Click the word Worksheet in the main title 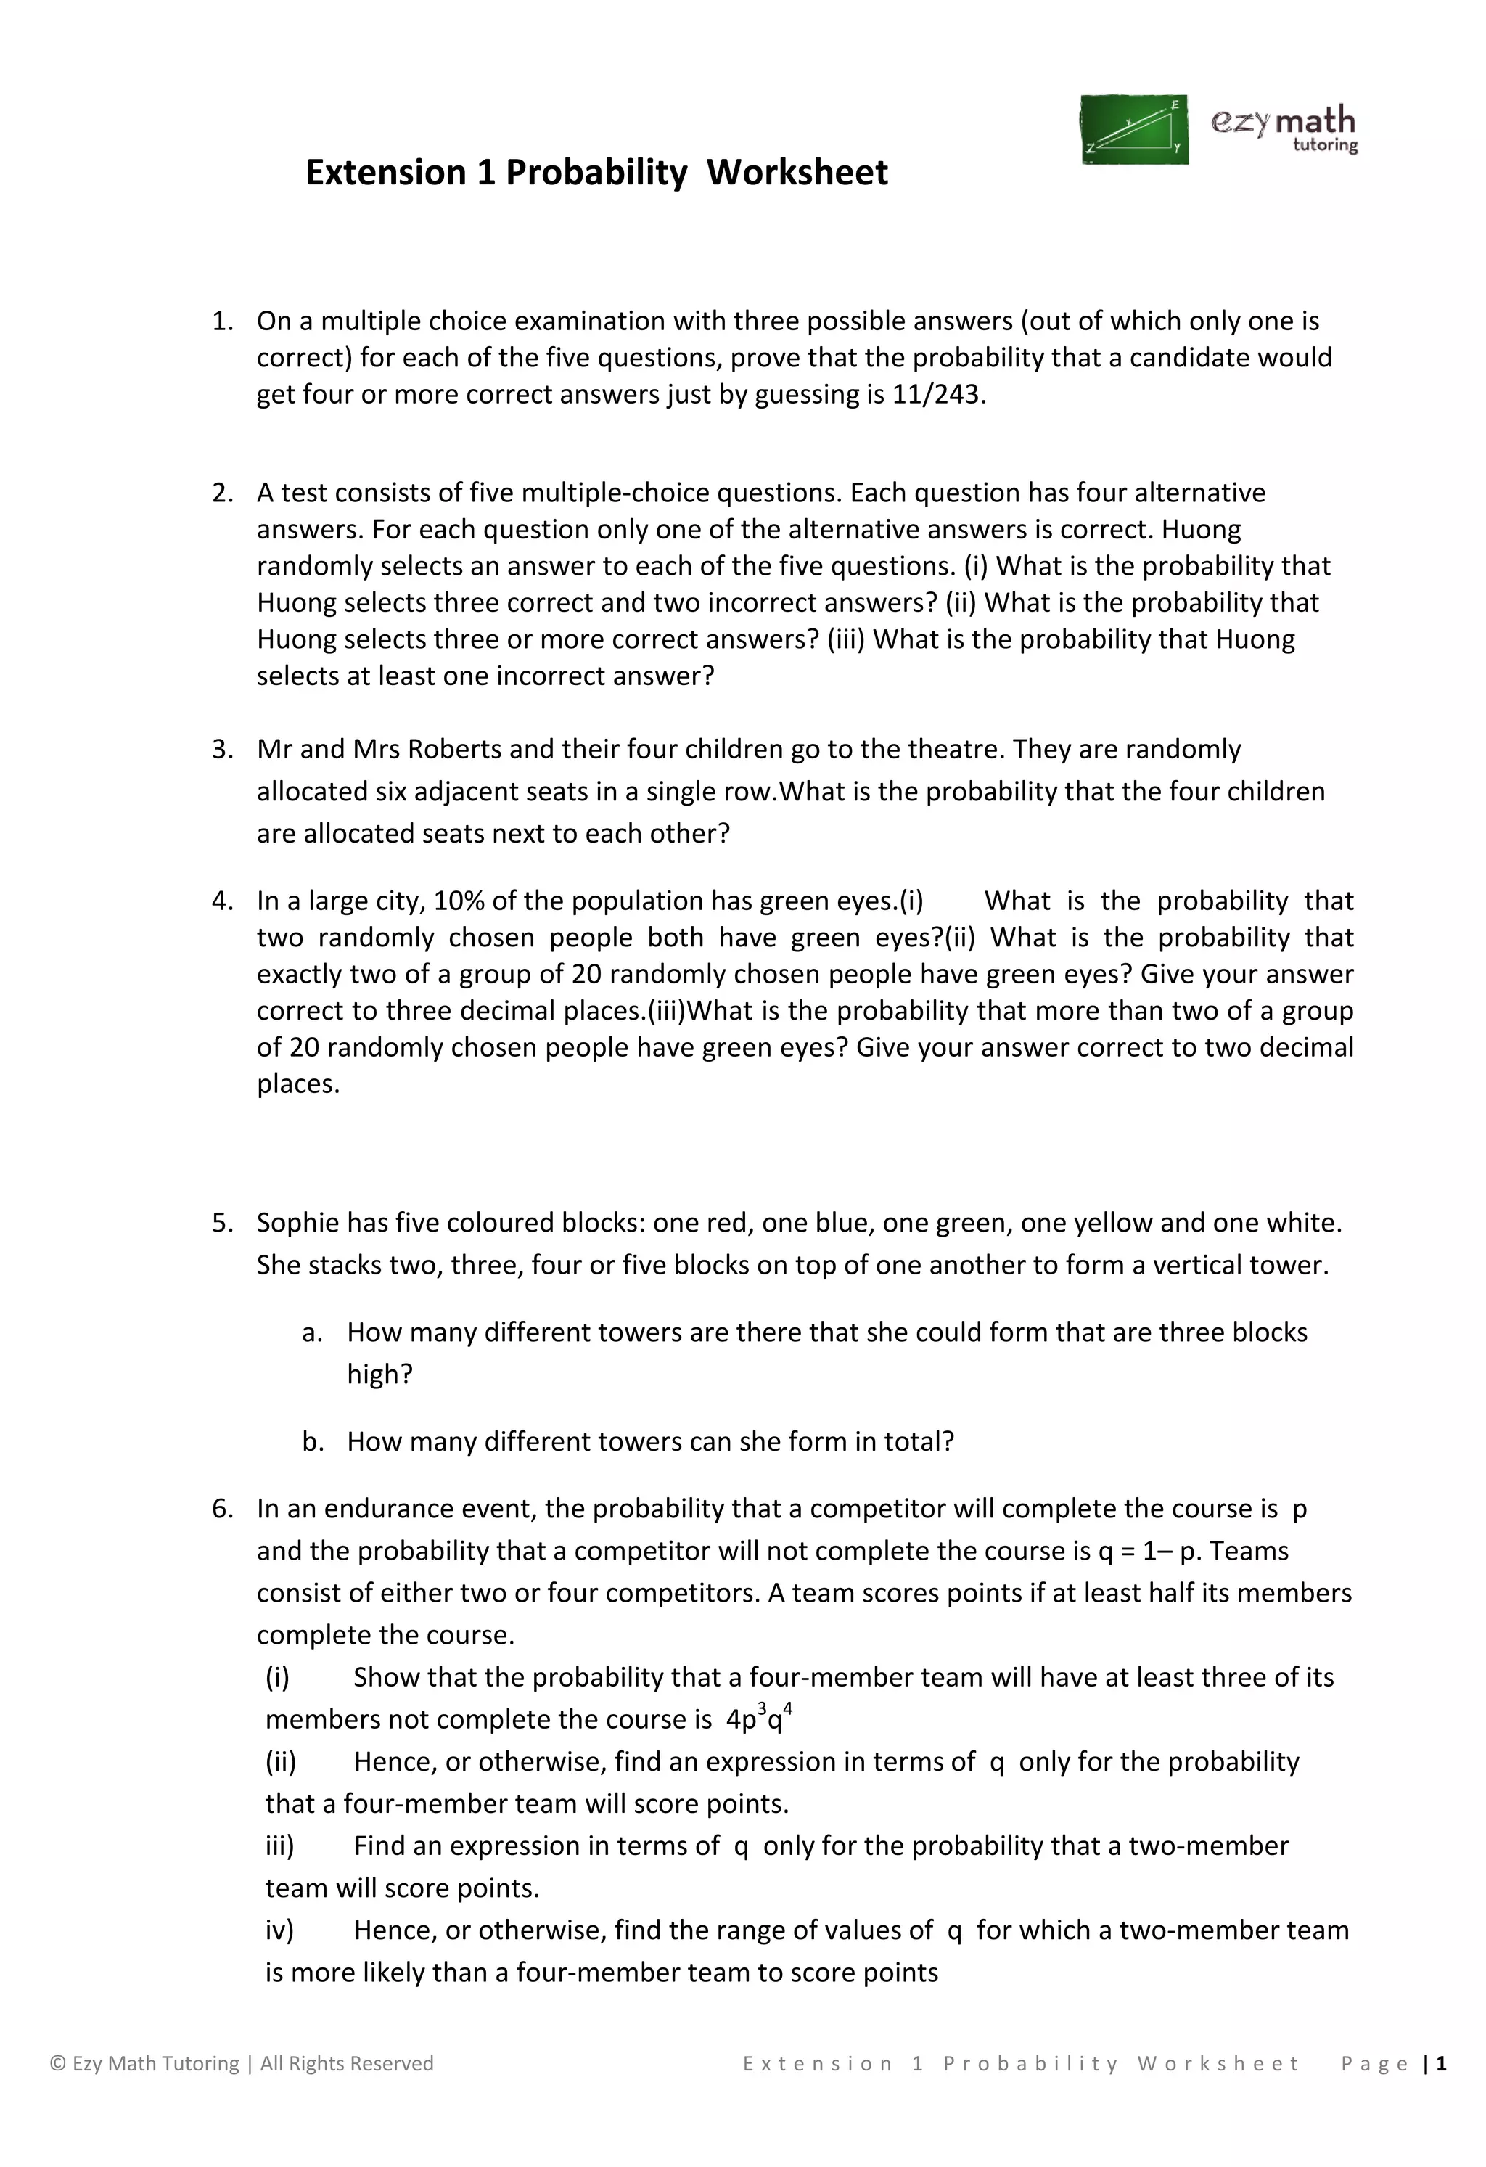click(x=797, y=173)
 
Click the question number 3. click(x=222, y=750)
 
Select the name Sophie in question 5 click(x=298, y=1222)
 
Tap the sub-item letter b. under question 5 click(x=313, y=1441)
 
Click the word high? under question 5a click(x=379, y=1375)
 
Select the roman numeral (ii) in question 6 click(x=281, y=1761)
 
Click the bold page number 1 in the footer click(x=1441, y=2063)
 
